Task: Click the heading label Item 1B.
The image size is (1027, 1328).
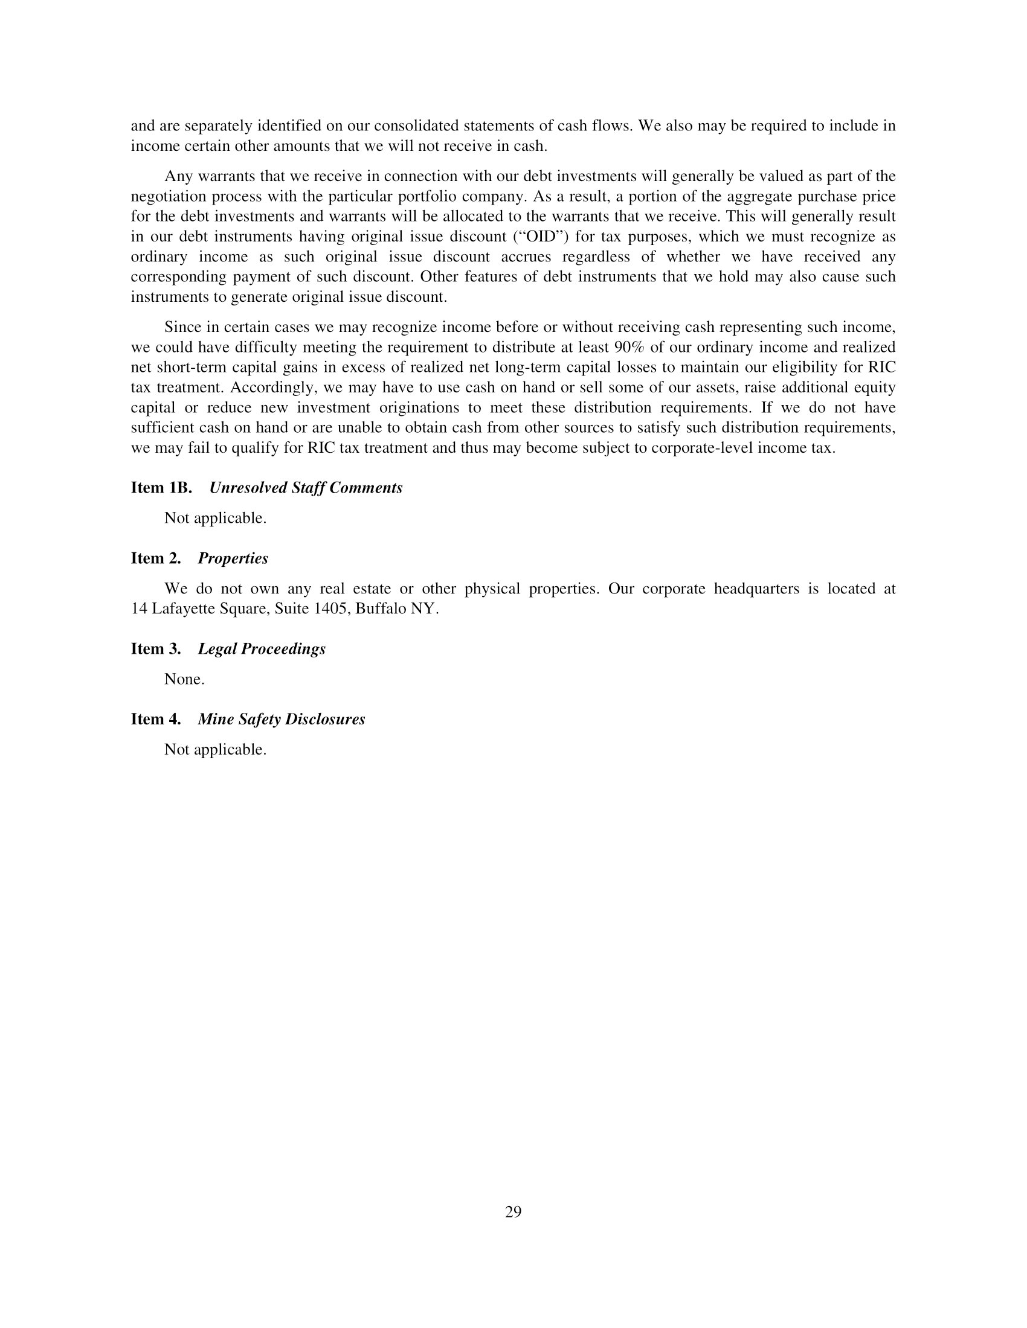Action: [x=161, y=488]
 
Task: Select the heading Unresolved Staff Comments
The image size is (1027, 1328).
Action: [x=306, y=488]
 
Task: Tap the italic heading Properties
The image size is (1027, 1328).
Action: [x=233, y=558]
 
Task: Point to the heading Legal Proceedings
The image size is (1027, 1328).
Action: [x=262, y=649]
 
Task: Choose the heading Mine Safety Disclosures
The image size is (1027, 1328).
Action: [x=281, y=720]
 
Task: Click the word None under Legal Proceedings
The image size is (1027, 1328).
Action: [x=184, y=679]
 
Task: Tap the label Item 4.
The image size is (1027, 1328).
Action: [x=156, y=720]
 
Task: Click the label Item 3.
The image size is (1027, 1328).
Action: [x=156, y=649]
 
